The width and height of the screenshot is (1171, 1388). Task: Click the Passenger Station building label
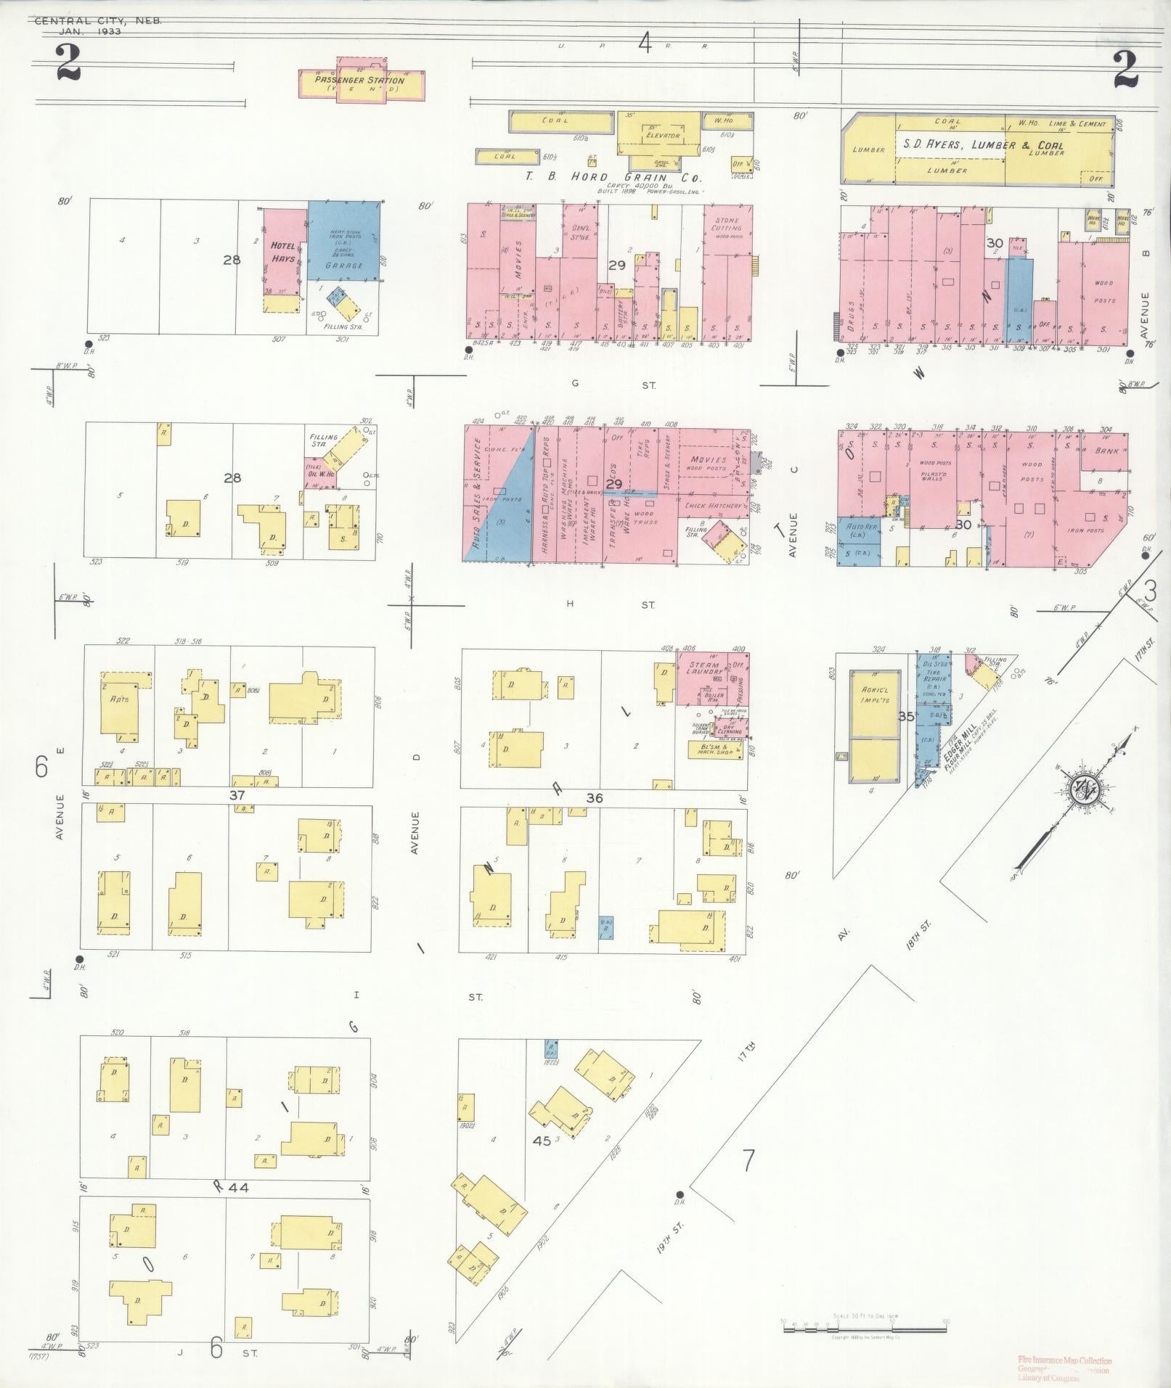[x=360, y=81]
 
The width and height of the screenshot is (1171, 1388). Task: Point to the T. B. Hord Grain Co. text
[x=617, y=177]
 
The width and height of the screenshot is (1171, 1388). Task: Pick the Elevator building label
[x=661, y=136]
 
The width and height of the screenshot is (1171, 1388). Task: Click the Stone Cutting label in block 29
[x=726, y=224]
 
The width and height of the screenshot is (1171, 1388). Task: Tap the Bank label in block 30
[x=1106, y=451]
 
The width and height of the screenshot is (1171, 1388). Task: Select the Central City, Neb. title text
[x=97, y=21]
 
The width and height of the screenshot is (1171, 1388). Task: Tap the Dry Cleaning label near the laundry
[x=729, y=729]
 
